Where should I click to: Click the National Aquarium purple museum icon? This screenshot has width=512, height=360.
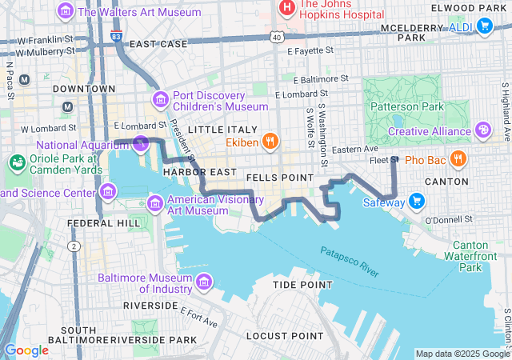pos(142,144)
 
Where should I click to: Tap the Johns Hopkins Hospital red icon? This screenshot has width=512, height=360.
pos(286,7)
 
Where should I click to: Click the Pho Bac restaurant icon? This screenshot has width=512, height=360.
pos(458,159)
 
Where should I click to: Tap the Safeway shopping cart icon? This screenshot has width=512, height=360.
pos(416,201)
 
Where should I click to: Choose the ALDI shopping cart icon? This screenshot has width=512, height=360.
pos(483,26)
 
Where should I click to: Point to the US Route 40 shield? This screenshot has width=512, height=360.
pos(277,37)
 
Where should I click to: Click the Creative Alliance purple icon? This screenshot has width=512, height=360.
pos(483,130)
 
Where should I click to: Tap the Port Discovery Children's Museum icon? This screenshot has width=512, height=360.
pos(161,99)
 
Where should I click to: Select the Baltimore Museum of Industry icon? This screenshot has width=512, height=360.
pos(204,282)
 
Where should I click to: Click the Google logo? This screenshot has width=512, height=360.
pos(26,350)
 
